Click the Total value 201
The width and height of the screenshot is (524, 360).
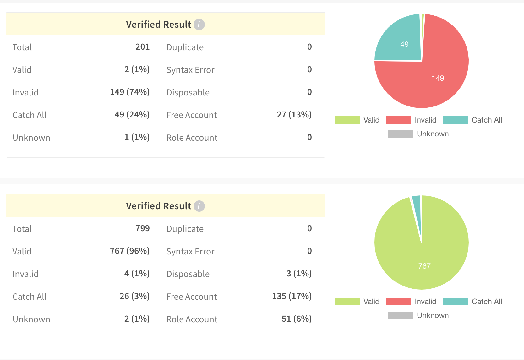142,47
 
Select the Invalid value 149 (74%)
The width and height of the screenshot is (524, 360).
129,92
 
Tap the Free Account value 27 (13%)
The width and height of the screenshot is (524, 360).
294,115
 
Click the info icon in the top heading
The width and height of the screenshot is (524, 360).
199,24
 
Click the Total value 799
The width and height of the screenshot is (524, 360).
142,228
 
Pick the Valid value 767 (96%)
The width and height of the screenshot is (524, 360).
129,251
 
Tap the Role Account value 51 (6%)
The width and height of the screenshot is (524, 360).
296,319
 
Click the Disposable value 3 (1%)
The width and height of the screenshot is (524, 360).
299,274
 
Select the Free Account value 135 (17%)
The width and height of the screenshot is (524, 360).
292,296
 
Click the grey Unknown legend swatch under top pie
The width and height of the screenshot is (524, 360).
400,134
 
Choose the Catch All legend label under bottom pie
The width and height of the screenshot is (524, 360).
487,302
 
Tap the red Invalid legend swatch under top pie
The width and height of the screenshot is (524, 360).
398,120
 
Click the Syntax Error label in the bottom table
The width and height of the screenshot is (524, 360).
190,251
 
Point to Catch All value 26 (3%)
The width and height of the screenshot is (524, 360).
134,296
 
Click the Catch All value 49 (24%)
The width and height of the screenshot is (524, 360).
132,115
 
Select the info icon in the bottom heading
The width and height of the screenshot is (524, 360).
199,206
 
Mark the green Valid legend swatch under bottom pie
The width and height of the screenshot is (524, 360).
347,302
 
